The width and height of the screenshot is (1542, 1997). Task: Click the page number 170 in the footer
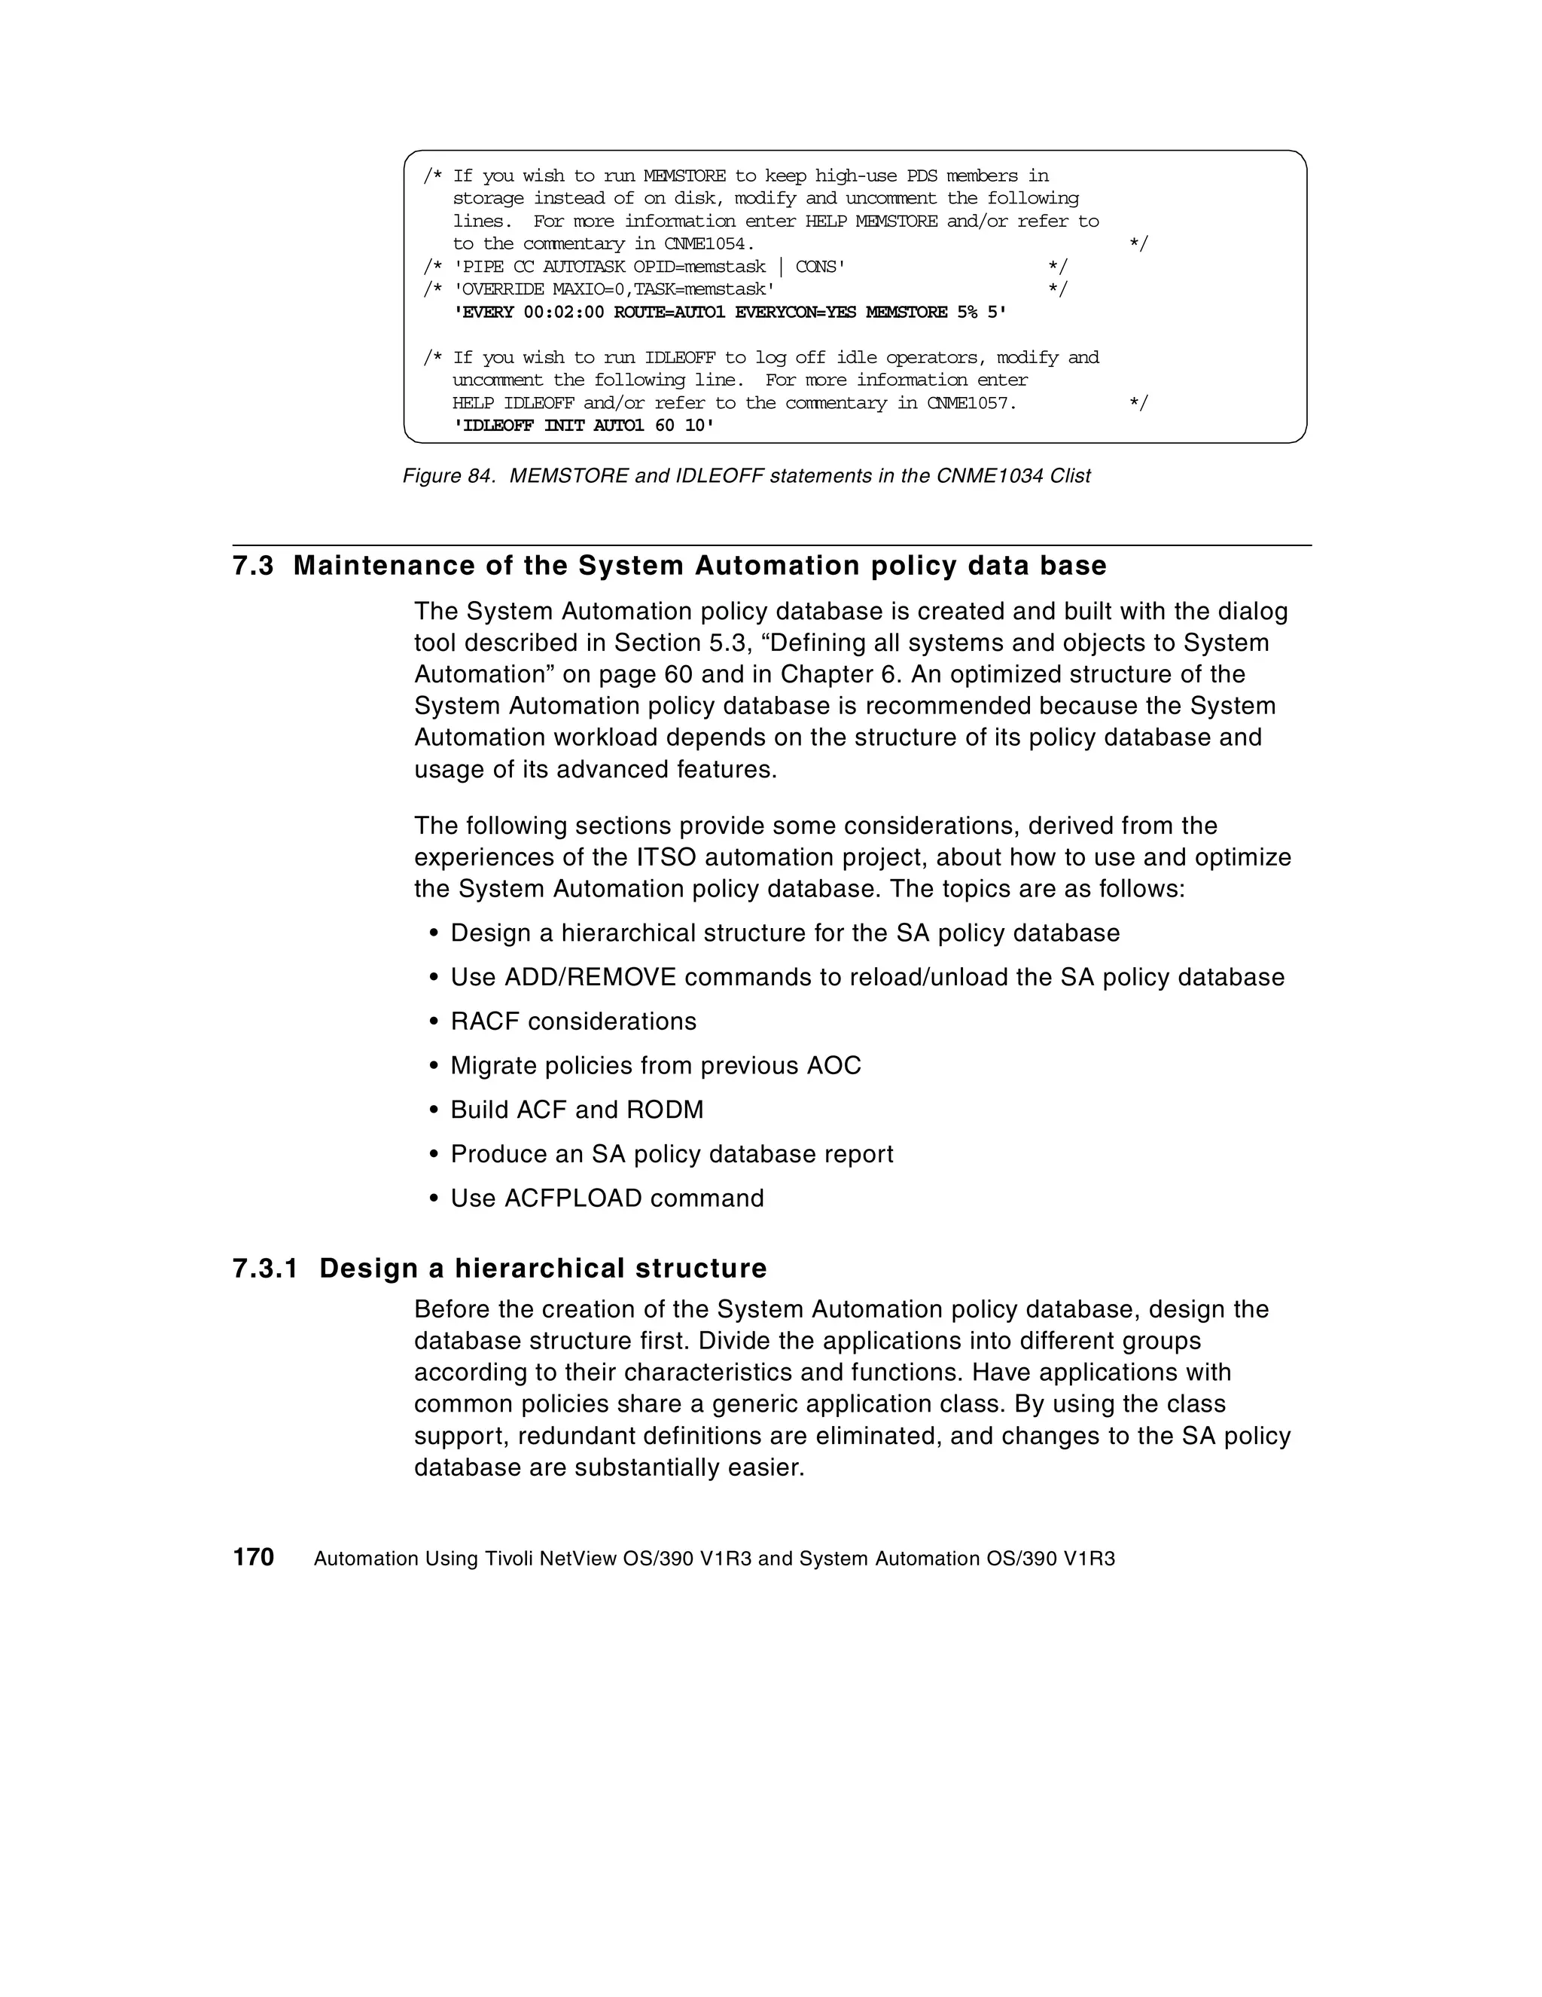[253, 1557]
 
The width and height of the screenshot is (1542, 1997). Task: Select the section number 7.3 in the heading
[253, 566]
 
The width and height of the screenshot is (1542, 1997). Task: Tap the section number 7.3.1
[265, 1269]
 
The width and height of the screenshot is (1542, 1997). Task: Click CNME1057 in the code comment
[971, 403]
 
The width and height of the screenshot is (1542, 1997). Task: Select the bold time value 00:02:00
[564, 313]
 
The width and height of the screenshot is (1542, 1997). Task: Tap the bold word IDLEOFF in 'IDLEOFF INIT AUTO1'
[497, 426]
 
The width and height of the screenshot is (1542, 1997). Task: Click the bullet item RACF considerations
[573, 1021]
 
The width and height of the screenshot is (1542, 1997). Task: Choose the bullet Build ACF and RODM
[577, 1110]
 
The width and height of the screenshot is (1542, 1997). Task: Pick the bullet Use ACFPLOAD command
[607, 1198]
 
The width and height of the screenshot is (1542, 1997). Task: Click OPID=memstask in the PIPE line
[699, 267]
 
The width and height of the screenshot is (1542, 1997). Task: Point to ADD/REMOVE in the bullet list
[590, 978]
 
